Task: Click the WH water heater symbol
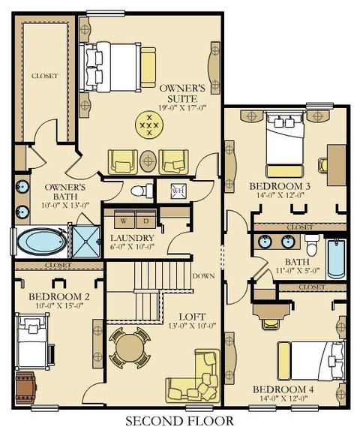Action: click(x=178, y=191)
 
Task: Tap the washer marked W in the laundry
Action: click(x=124, y=220)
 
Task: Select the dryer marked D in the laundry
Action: click(x=146, y=220)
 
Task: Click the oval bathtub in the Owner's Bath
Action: click(x=42, y=242)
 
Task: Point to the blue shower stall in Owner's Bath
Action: click(x=86, y=242)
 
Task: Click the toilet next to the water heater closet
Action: click(x=142, y=191)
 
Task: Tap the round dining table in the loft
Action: click(x=130, y=348)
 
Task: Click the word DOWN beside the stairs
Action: click(x=204, y=276)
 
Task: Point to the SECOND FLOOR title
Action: click(x=180, y=421)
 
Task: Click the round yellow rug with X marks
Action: click(x=149, y=125)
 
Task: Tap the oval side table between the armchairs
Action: click(x=148, y=161)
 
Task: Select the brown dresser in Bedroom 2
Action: click(x=26, y=387)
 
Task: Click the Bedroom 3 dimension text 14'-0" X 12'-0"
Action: click(x=280, y=195)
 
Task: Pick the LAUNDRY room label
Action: click(x=132, y=239)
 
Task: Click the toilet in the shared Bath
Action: click(x=312, y=245)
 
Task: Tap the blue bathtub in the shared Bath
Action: click(x=336, y=259)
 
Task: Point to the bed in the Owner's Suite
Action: click(x=110, y=67)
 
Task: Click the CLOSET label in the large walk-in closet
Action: click(x=45, y=76)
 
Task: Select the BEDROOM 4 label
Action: click(x=283, y=389)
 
